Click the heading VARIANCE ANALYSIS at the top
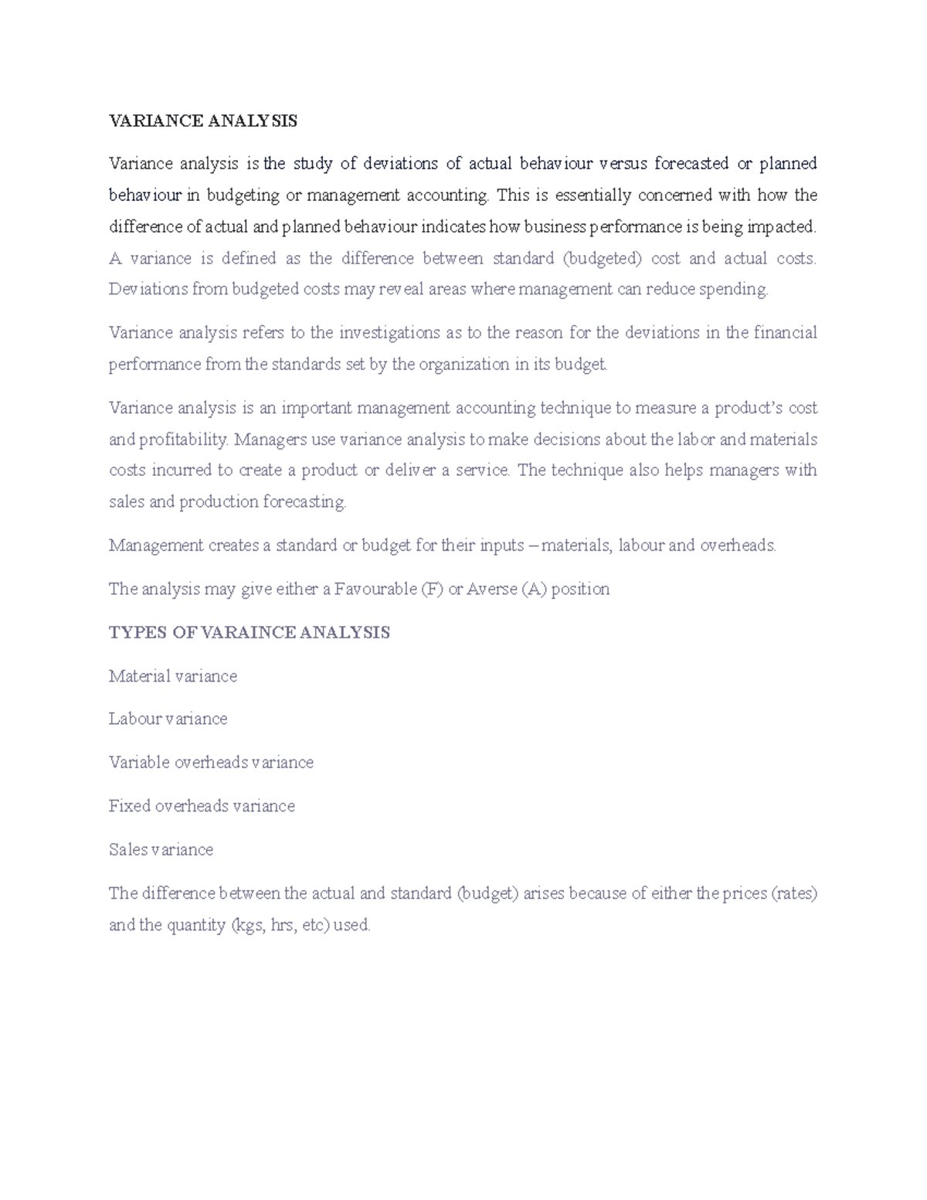202,121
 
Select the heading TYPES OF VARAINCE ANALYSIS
249,632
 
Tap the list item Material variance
172,676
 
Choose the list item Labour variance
168,719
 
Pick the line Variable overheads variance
211,763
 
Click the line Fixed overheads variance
202,806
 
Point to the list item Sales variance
161,849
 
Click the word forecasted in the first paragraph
691,164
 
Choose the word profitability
184,440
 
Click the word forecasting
304,502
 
